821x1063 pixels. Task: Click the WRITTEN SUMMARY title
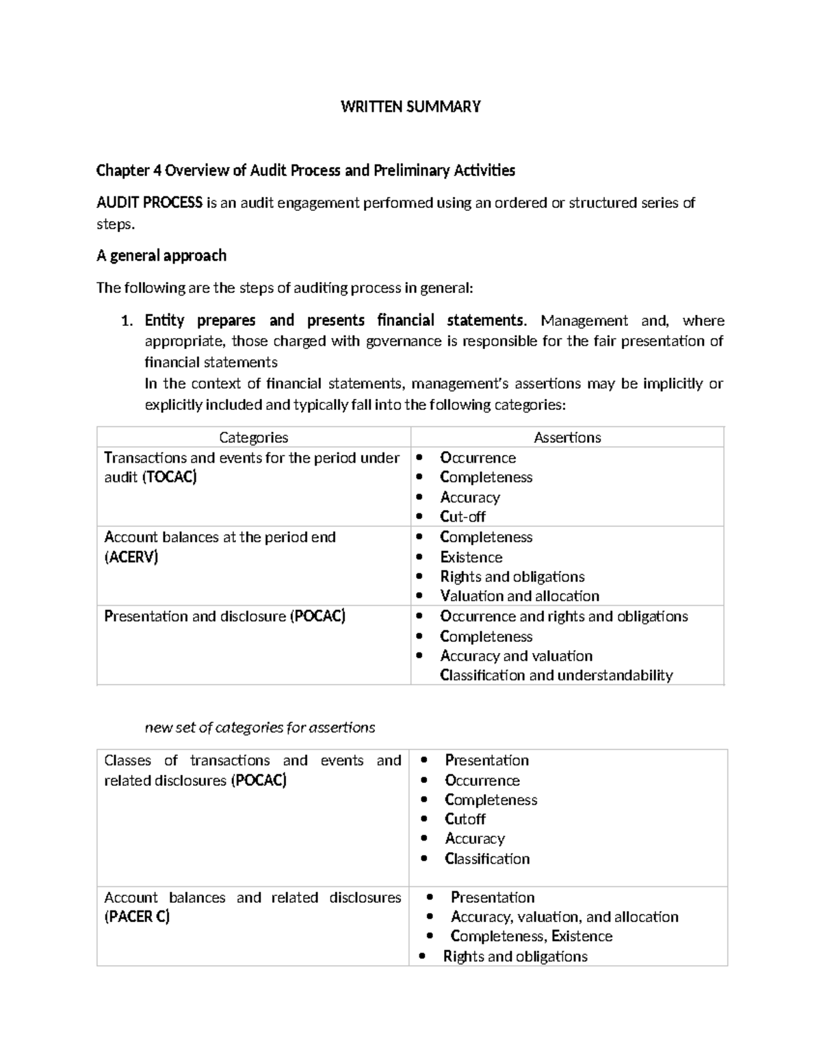point(410,107)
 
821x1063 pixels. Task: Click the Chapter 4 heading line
point(305,170)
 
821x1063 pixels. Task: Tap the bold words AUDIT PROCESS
point(149,203)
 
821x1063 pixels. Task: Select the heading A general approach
point(161,256)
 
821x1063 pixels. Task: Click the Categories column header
point(253,437)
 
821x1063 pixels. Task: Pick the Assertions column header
point(567,437)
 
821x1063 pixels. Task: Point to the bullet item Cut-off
point(462,517)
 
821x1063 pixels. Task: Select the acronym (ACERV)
point(131,557)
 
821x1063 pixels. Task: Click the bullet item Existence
point(471,557)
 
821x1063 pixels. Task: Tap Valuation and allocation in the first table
point(519,596)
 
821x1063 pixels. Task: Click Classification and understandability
point(556,676)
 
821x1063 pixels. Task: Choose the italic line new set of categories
point(260,728)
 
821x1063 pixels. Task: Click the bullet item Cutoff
point(465,819)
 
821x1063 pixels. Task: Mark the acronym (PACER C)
point(137,917)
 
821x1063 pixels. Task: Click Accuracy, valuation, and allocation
point(564,917)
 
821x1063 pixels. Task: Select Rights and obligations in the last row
point(515,957)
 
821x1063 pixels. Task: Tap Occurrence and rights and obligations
point(564,617)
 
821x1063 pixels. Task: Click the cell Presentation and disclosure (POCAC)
point(224,617)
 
